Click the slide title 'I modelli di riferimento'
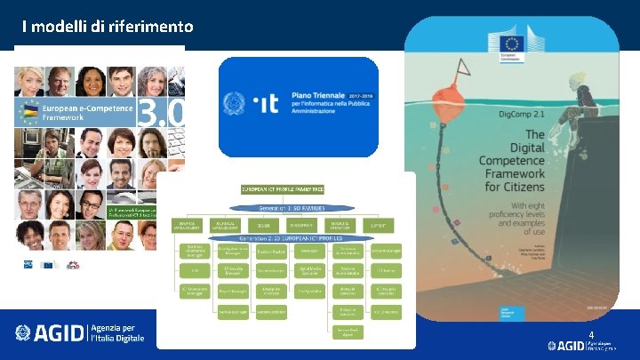(108, 27)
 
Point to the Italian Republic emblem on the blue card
(236, 104)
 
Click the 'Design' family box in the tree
(259, 225)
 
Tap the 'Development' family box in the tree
(300, 225)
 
